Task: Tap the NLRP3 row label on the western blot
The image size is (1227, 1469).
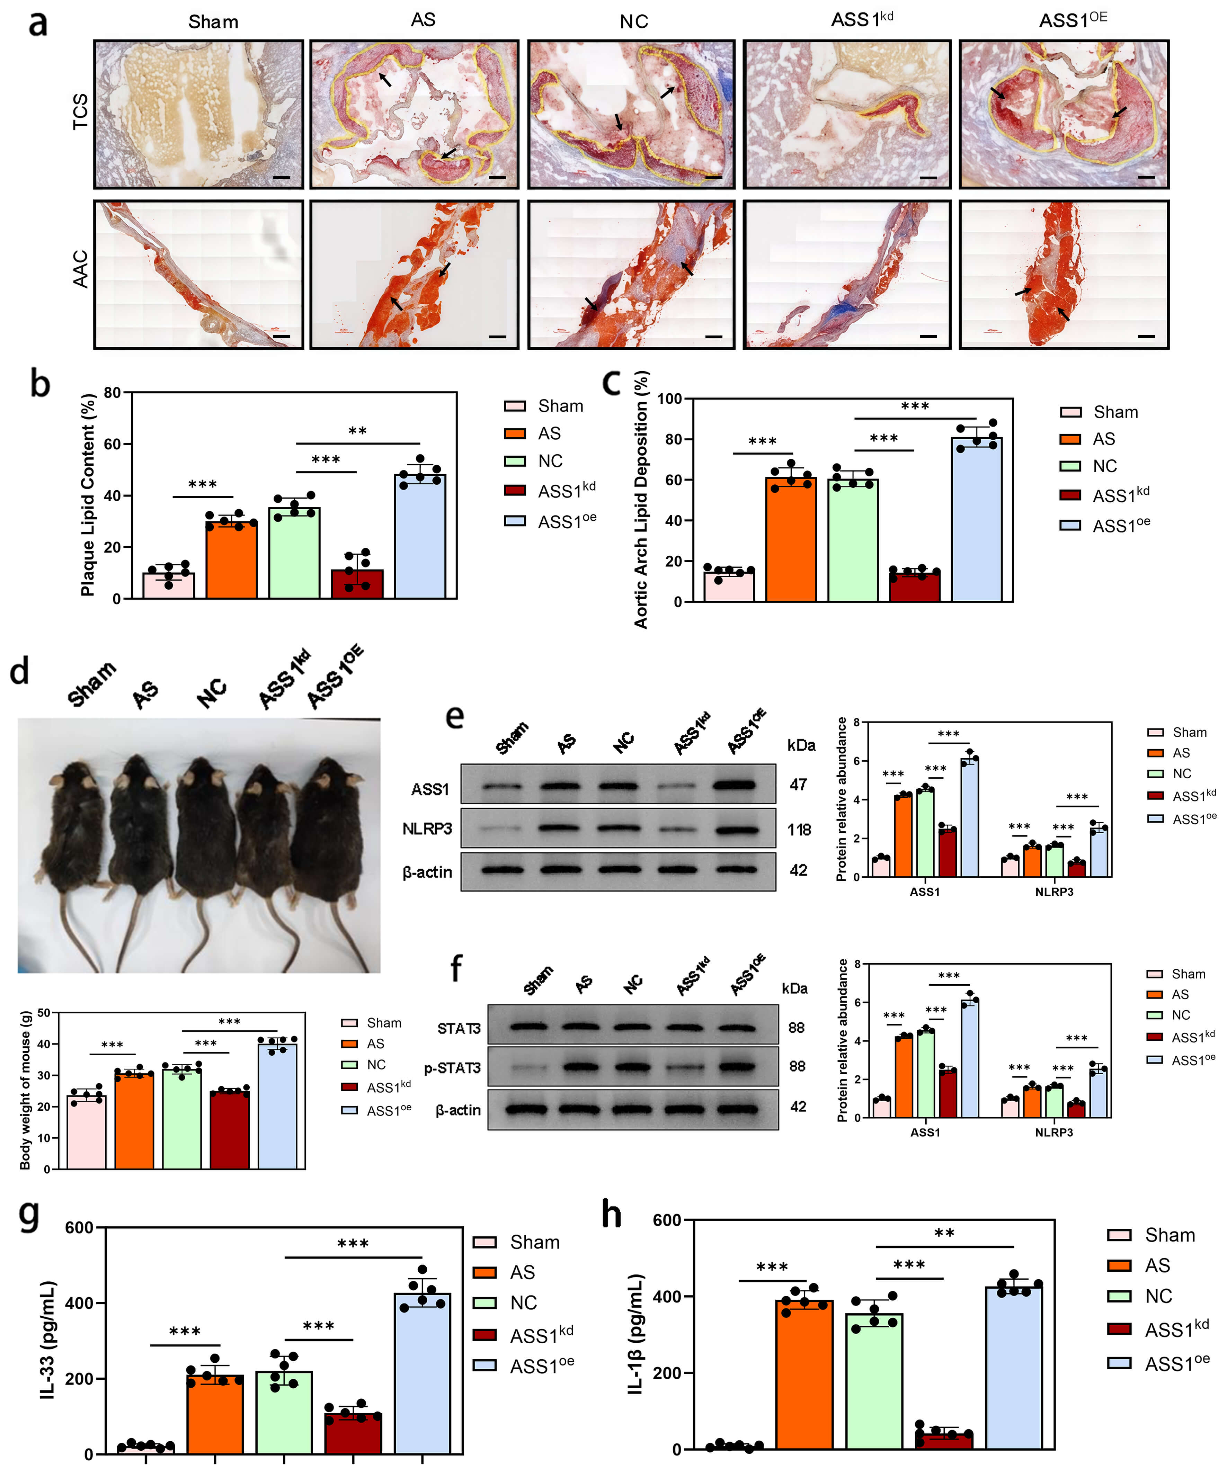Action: click(427, 829)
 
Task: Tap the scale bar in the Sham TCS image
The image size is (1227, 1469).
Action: click(281, 177)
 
